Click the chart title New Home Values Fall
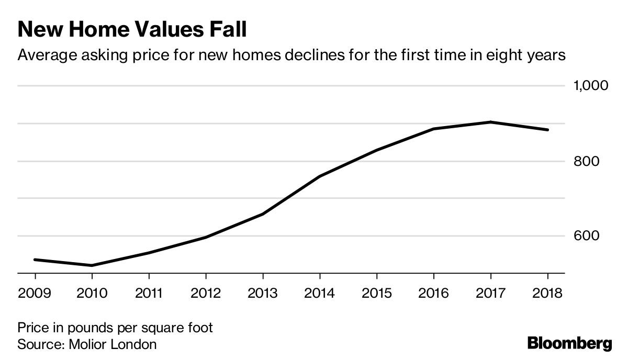pos(132,29)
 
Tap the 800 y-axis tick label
pos(582,161)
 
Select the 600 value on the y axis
pos(582,236)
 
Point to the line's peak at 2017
pos(490,122)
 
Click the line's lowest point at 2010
pos(92,265)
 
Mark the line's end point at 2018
pos(547,130)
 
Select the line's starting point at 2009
pos(35,260)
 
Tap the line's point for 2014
pos(320,176)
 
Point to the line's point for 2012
pos(206,237)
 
